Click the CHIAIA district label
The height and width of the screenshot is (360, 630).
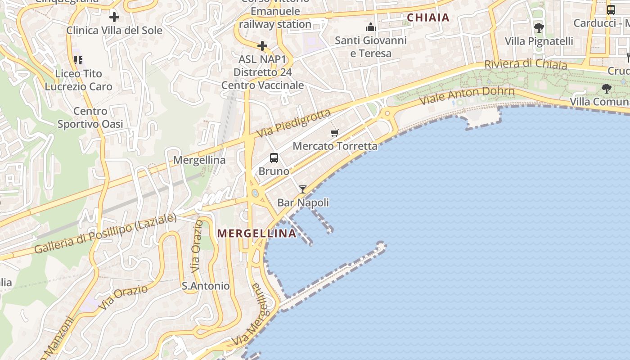[x=428, y=18]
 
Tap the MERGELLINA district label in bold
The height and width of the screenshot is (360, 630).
[x=257, y=233]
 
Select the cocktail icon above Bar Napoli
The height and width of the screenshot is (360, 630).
[x=303, y=189]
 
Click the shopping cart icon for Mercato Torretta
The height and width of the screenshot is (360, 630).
[x=334, y=133]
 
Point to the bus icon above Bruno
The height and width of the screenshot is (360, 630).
[x=274, y=158]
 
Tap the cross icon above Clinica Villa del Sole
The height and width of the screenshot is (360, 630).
[x=114, y=18]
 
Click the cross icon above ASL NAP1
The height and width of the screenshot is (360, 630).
[x=262, y=46]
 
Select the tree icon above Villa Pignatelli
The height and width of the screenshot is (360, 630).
[x=539, y=28]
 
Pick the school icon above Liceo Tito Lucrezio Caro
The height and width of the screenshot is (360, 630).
[x=78, y=60]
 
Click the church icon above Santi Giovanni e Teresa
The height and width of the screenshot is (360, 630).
[x=371, y=27]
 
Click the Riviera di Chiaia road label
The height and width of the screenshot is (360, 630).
[x=526, y=64]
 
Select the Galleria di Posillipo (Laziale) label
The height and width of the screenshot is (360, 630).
[x=105, y=234]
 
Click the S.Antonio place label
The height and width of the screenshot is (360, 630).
[x=205, y=286]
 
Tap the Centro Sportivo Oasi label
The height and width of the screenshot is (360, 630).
[x=90, y=117]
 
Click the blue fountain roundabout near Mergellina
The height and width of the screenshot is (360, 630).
[x=255, y=193]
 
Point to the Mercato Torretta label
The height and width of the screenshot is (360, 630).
[x=335, y=146]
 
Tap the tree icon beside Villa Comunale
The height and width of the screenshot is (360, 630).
[x=607, y=88]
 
